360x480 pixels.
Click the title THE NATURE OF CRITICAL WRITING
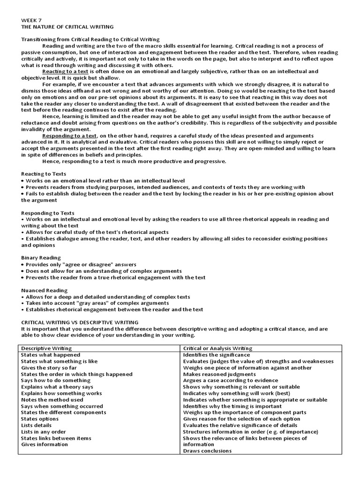point(67,27)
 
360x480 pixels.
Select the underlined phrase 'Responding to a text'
point(70,135)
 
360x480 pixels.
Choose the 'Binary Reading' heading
point(41,258)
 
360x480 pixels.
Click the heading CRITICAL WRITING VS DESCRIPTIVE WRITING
point(80,322)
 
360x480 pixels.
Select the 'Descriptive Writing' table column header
point(46,348)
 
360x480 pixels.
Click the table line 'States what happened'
point(51,355)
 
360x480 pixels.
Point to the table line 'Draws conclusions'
point(207,450)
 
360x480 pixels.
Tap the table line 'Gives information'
point(45,444)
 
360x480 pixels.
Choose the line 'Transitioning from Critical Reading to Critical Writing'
point(90,39)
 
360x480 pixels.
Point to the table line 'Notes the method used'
point(52,400)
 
